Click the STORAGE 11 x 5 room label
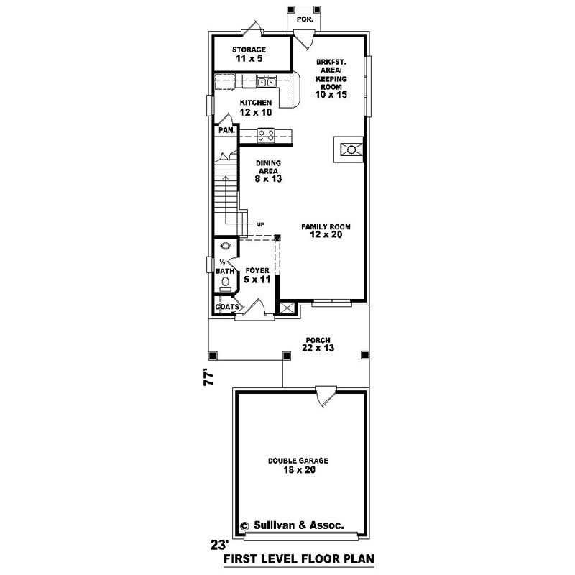pos(249,55)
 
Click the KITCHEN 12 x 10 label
pos(256,108)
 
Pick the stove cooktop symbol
pos(266,134)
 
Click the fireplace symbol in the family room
pos(350,149)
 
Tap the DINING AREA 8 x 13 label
pos(267,171)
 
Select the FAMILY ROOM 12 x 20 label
pos(326,231)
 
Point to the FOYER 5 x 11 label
pos(257,275)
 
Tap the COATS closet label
pos(227,307)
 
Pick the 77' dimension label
pos(210,378)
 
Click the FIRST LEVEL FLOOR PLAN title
pos(299,558)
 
